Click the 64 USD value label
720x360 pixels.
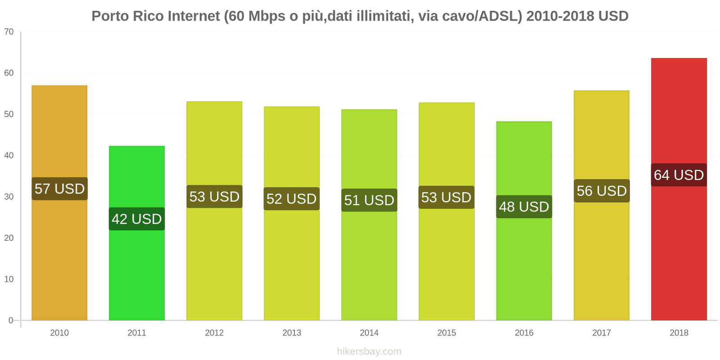click(x=679, y=175)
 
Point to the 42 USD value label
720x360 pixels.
click(x=137, y=219)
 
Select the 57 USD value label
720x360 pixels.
click(x=59, y=189)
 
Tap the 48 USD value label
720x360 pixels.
click(x=524, y=207)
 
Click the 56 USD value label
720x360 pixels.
click(x=602, y=191)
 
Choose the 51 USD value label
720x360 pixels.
click(x=369, y=200)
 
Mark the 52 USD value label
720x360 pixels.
click(x=292, y=199)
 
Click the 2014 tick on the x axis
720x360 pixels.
click(x=369, y=333)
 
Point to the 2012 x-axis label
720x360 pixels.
click(x=214, y=333)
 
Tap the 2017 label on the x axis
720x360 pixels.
click(x=602, y=333)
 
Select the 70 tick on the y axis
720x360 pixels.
click(x=9, y=32)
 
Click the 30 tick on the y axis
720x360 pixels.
click(x=9, y=197)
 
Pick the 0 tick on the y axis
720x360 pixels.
click(x=11, y=320)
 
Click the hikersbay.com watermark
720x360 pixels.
click(x=369, y=351)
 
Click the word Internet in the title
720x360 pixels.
click(x=193, y=16)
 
